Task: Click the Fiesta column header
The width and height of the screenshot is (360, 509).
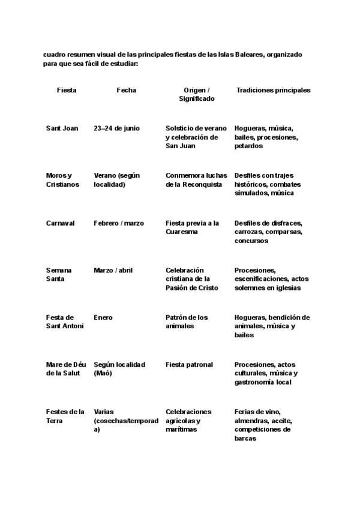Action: pos(67,90)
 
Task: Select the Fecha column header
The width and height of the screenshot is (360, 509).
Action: pos(126,90)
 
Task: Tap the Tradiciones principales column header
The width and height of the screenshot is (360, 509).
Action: pos(274,90)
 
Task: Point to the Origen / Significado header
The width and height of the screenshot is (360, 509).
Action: pos(196,94)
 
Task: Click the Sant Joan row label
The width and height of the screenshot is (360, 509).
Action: pos(62,128)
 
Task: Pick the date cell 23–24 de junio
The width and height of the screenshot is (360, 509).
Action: pos(117,128)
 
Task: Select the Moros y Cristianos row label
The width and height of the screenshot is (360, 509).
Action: pos(62,180)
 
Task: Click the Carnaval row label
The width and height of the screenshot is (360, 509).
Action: pos(60,223)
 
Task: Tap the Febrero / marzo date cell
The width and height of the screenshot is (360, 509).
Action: pos(119,223)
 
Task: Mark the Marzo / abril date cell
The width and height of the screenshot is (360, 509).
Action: pos(113,270)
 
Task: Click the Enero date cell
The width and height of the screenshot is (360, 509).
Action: pos(103,318)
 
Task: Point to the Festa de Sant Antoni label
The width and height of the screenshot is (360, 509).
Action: pos(65,322)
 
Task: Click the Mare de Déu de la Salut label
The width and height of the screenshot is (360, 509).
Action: pos(65,369)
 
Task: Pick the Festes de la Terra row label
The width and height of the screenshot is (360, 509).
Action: pos(65,416)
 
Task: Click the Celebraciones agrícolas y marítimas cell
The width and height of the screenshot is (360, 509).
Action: pos(188,420)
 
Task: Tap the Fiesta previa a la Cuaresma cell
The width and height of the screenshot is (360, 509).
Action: pos(192,227)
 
